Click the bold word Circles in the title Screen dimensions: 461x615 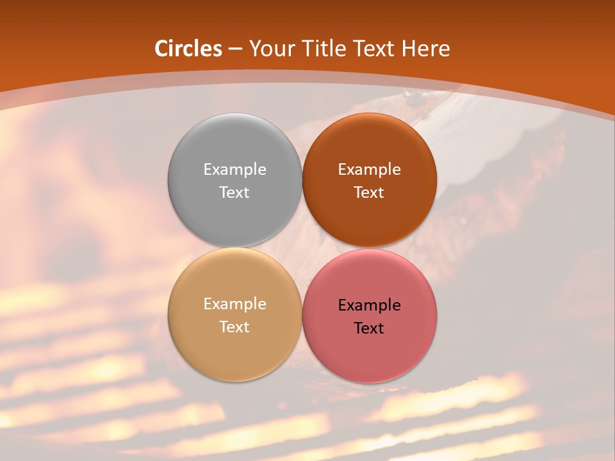click(x=188, y=49)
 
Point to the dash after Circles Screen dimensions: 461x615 click(x=235, y=49)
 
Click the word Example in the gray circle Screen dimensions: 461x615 click(x=234, y=169)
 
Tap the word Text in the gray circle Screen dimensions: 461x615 click(x=234, y=192)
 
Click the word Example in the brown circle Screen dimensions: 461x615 click(x=369, y=169)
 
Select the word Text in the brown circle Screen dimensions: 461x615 click(x=369, y=192)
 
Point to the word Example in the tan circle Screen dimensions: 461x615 click(x=234, y=303)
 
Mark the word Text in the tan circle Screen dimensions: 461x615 click(x=234, y=327)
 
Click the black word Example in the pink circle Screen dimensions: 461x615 click(x=369, y=305)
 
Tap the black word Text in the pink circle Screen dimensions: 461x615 click(x=369, y=328)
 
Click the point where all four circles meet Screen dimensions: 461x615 click(x=302, y=248)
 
